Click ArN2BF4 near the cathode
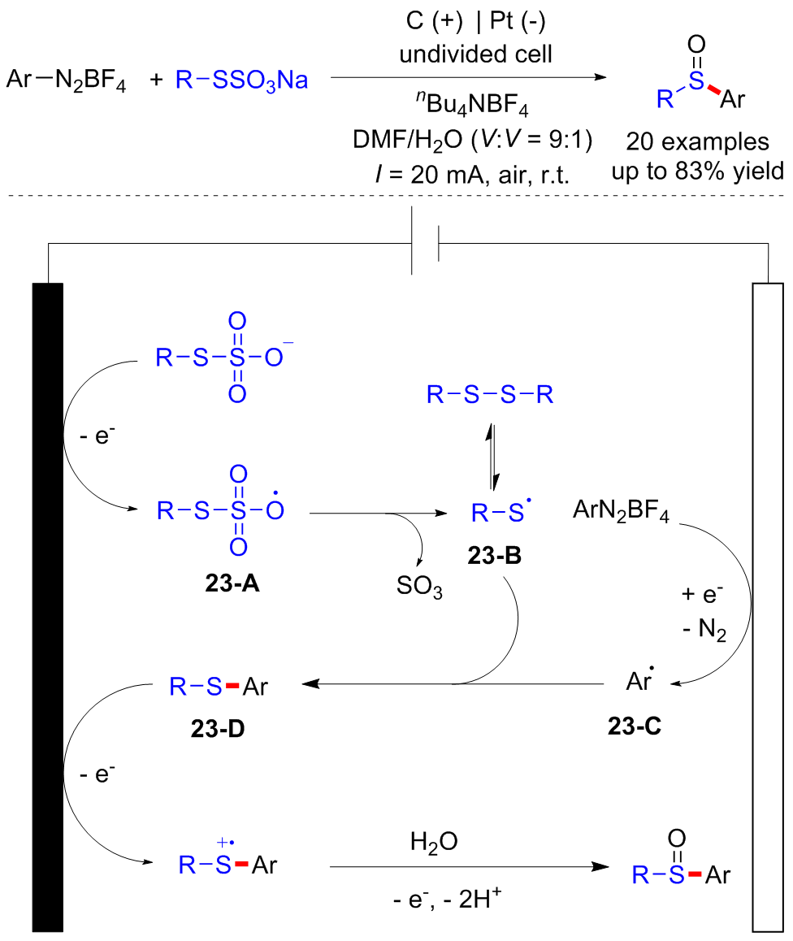pos(622,514)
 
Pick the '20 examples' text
pos(698,142)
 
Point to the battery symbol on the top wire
pos(425,243)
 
